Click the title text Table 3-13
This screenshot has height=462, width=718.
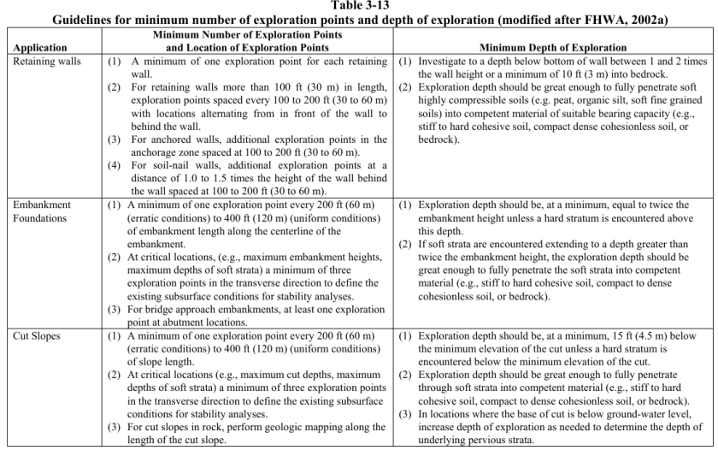[x=359, y=6]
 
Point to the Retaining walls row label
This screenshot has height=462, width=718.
[x=42, y=62]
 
